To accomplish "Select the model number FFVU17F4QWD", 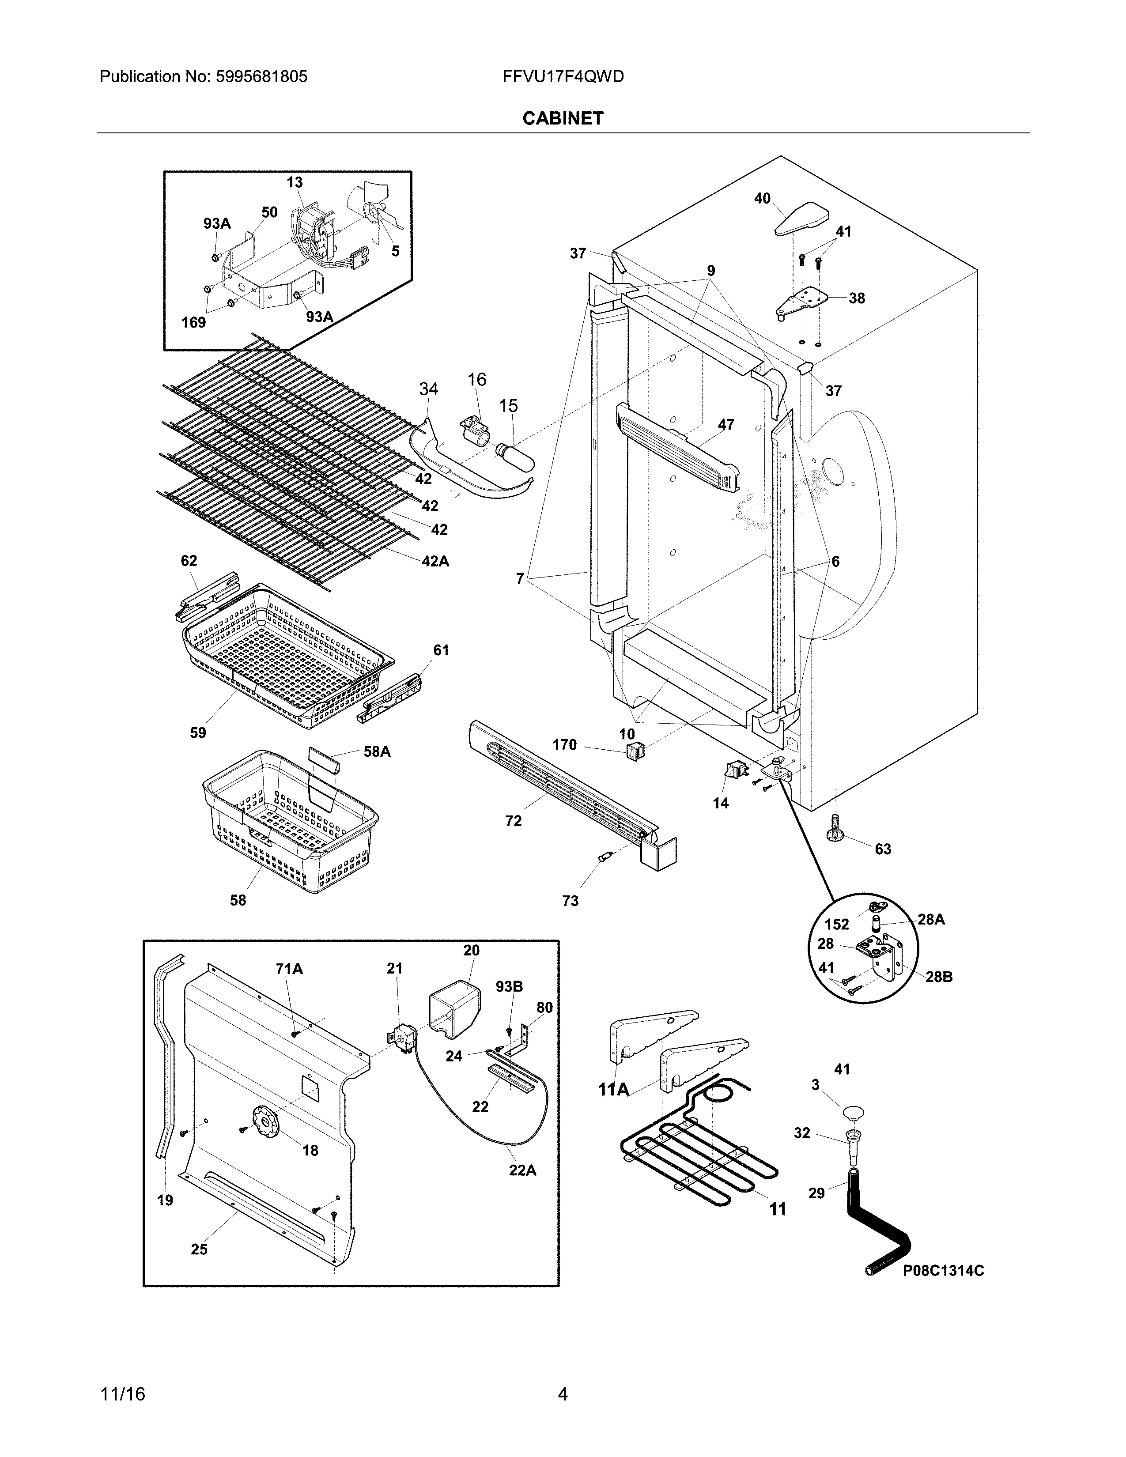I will tap(563, 77).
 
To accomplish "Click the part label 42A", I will tap(435, 562).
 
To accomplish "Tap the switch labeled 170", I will tap(631, 752).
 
